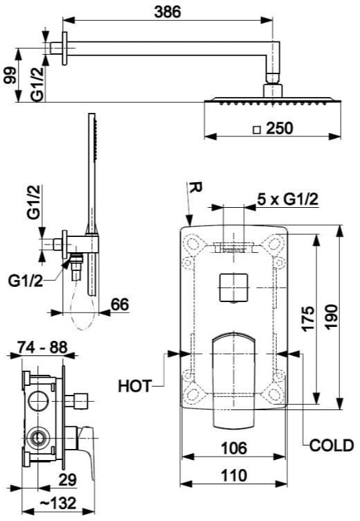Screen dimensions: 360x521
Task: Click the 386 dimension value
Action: tap(168, 12)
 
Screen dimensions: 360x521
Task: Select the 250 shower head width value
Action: tap(279, 128)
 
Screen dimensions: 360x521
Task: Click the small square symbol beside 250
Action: tap(257, 130)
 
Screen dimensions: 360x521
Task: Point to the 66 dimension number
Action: tap(120, 304)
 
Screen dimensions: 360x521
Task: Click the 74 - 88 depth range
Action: tap(42, 347)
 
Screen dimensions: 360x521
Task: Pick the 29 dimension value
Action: tap(68, 479)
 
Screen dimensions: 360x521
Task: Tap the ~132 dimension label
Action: tap(57, 504)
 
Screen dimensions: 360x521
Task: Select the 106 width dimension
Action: tap(234, 448)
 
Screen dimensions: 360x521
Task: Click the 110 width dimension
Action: tap(234, 475)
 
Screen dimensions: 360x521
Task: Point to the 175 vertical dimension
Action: tap(308, 318)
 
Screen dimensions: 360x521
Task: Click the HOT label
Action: tap(135, 386)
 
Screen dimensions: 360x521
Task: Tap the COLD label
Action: tap(332, 445)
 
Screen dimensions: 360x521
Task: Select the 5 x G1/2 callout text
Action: tap(287, 200)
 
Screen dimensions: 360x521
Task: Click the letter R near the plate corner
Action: tap(195, 188)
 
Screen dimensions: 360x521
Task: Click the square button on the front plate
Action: tap(234, 288)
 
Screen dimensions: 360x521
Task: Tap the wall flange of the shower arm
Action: tap(64, 48)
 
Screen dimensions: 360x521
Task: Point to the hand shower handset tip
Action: tap(91, 114)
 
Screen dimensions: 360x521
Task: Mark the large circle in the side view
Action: tap(39, 400)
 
